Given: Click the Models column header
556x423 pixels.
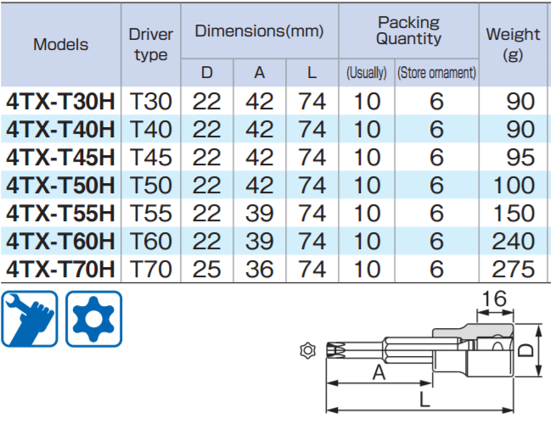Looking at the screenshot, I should pos(60,44).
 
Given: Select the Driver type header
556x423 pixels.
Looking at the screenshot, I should pos(150,44).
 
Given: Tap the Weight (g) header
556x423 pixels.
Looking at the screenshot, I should pos(513,44).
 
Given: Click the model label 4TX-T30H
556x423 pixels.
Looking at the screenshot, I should pos(60,102).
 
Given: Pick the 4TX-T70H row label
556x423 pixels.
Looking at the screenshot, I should pos(60,270).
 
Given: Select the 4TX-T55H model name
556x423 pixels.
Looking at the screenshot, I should pos(60,214).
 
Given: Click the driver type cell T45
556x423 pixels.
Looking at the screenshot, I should pos(150,158).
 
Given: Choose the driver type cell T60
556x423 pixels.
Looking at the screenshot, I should pos(150,242).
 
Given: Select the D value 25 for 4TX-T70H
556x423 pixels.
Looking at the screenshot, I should pos(206,270).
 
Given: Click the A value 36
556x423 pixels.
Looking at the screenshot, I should pos(260,270).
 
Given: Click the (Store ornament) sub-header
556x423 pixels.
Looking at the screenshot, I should pos(436,73).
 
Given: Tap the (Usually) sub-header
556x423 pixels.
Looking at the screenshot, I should pos(367,73).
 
